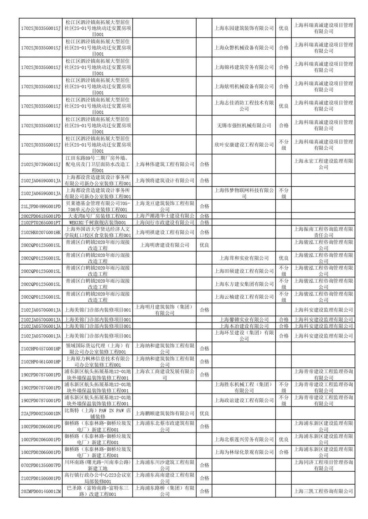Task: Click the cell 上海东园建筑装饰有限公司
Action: [244, 28]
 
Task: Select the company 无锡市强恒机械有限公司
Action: [244, 125]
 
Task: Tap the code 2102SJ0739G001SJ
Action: [41, 164]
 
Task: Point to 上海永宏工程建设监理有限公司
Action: [323, 164]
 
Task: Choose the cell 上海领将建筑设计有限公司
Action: [165, 180]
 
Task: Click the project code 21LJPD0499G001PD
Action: [41, 206]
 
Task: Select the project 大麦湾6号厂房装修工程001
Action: [98, 216]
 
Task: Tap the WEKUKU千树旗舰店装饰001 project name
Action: [98, 222]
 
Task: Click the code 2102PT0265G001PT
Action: [41, 222]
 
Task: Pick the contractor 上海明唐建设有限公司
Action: [165, 245]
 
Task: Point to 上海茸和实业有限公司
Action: [244, 258]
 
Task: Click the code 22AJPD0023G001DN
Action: [41, 413]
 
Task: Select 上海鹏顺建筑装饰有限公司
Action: [165, 413]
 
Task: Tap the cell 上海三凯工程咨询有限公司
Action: [323, 491]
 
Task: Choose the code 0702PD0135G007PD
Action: [41, 465]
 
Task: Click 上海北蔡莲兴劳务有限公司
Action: [244, 439]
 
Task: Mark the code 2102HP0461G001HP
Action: [41, 362]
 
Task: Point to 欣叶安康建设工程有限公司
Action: [244, 145]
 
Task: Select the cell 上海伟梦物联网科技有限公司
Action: [244, 193]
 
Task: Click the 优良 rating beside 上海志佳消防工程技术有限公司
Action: [283, 106]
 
